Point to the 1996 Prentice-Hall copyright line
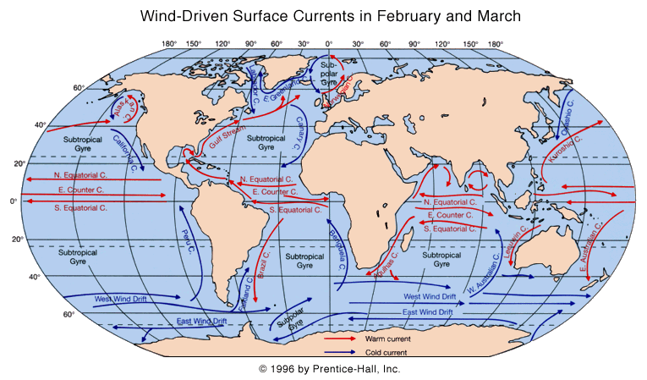point(329,369)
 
